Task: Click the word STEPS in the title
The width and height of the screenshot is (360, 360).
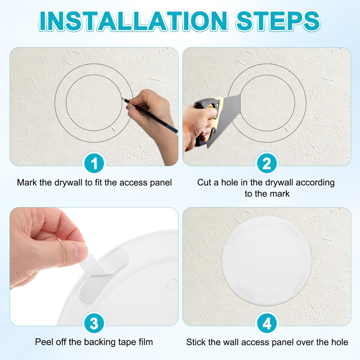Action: point(278,21)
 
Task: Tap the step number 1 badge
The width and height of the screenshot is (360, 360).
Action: point(94,164)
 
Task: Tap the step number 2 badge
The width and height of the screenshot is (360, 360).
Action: point(266,164)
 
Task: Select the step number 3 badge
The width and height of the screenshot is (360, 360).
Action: point(94,324)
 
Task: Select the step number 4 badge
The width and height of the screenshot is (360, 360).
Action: point(266,324)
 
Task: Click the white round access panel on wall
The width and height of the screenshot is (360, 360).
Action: point(266,260)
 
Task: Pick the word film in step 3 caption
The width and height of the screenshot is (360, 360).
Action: point(145,342)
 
